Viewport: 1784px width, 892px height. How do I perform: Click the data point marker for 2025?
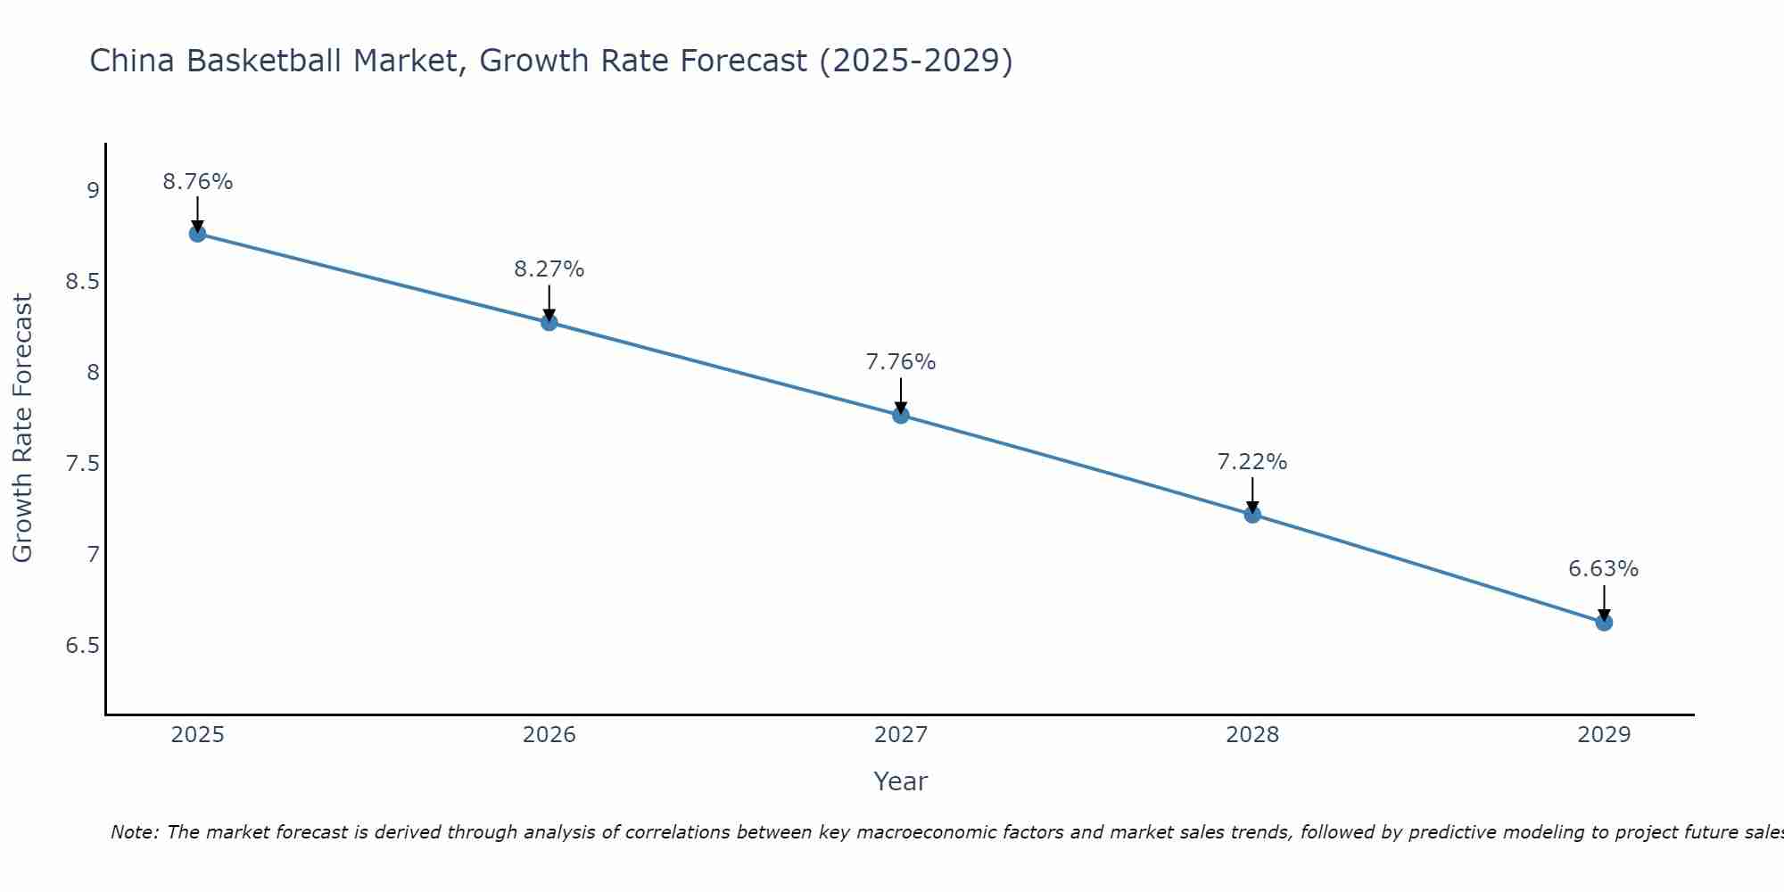pos(198,234)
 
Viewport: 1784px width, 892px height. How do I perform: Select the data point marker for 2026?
pos(549,322)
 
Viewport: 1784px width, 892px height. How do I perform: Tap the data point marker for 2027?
pos(901,415)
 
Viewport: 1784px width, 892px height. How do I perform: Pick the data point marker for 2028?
pos(1252,515)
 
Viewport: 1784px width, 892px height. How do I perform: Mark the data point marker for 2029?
pos(1604,622)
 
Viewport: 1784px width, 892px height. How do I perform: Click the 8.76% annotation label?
pos(198,182)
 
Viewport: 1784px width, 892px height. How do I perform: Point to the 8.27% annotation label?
pos(549,269)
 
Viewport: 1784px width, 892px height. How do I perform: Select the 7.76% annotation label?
pos(901,362)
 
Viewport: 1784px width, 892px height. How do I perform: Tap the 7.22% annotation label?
pos(1252,462)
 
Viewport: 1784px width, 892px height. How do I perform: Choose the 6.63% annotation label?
pos(1604,569)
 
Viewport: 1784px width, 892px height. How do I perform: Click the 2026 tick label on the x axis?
pos(549,735)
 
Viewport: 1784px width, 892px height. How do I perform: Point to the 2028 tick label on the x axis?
pos(1252,735)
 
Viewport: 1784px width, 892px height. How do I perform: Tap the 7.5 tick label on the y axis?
pos(82,464)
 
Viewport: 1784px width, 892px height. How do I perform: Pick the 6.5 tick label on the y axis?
pos(82,646)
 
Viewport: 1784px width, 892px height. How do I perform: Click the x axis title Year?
pos(901,781)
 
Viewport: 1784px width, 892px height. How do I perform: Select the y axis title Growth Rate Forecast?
pos(22,428)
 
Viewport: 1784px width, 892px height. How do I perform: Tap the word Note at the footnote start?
pos(134,832)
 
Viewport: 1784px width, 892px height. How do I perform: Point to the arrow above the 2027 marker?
pos(901,395)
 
